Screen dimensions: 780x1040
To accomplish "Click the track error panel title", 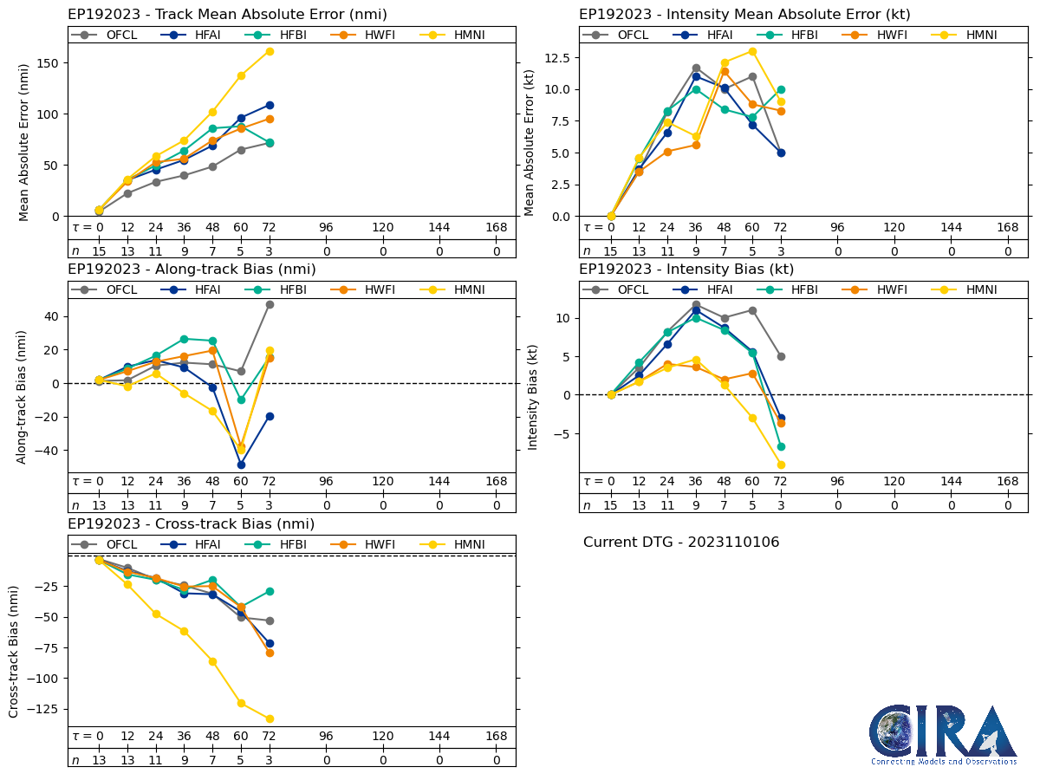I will click(x=227, y=14).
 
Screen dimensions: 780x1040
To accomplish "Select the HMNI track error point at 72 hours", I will click(x=270, y=51).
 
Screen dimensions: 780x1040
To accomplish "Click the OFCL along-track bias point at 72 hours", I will click(x=270, y=304).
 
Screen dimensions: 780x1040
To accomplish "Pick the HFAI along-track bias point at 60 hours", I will click(x=241, y=465).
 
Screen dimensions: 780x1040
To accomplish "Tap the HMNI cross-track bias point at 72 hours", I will click(x=270, y=718).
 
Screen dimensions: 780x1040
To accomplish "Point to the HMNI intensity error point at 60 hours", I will click(x=752, y=51).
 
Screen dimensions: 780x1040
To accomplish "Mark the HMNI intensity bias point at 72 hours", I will click(x=781, y=465).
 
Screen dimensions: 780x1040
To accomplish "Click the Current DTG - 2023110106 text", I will click(x=681, y=543).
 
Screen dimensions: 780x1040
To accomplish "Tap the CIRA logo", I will click(x=944, y=735).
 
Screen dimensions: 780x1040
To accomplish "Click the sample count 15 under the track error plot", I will click(x=99, y=250).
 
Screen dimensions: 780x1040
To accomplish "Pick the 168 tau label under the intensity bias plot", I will click(x=1007, y=482).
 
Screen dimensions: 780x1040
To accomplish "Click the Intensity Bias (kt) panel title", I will click(x=686, y=269).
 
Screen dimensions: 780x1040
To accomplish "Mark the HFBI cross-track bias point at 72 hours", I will click(x=270, y=591).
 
